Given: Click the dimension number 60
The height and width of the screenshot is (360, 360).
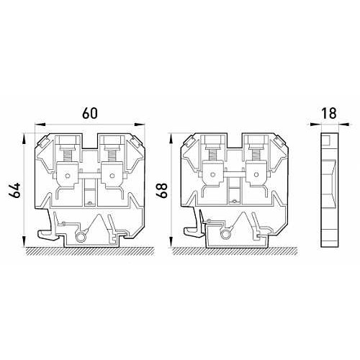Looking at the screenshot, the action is [90, 113].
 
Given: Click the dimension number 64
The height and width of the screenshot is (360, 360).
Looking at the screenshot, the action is [15, 191].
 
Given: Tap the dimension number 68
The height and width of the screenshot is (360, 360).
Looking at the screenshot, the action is [162, 191].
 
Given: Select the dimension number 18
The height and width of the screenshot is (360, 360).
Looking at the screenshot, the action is [329, 113].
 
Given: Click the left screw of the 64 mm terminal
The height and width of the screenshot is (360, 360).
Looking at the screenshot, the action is [67, 156].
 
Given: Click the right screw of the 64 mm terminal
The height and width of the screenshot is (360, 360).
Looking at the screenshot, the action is [111, 156].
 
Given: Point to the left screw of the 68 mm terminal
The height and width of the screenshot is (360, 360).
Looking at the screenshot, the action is [212, 156].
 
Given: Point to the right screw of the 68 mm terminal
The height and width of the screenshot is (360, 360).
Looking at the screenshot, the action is [256, 156].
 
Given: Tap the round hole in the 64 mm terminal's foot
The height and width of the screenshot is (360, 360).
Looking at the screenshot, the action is [80, 236].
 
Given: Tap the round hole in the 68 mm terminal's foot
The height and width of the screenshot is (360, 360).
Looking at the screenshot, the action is [226, 235].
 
